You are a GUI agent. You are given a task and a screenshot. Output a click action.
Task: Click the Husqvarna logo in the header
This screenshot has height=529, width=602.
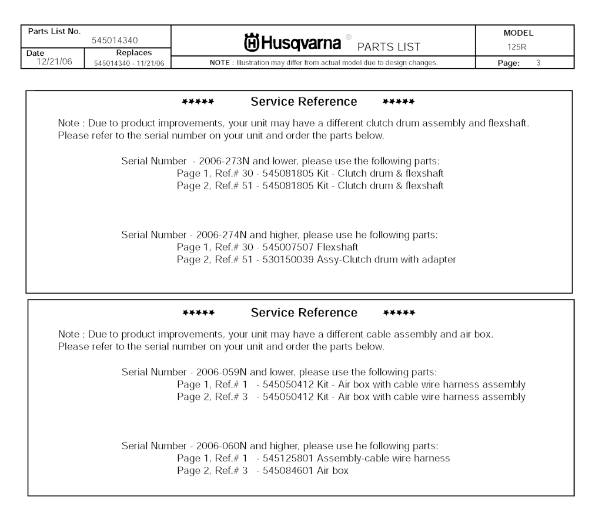pyautogui.click(x=292, y=43)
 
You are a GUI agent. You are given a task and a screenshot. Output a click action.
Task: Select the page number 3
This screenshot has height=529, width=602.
pyautogui.click(x=538, y=63)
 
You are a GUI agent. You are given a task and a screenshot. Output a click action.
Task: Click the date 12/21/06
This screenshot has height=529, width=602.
pyautogui.click(x=54, y=62)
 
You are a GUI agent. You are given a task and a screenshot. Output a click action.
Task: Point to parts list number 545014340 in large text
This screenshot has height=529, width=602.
pyautogui.click(x=115, y=41)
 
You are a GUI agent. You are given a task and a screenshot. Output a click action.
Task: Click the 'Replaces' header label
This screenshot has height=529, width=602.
pyautogui.click(x=134, y=53)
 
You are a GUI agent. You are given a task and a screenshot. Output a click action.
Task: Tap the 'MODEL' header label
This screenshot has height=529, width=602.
pyautogui.click(x=519, y=33)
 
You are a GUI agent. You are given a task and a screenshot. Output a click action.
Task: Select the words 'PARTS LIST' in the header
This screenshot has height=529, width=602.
pyautogui.click(x=389, y=47)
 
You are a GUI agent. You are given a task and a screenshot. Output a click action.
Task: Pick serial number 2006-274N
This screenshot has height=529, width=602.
pyautogui.click(x=221, y=235)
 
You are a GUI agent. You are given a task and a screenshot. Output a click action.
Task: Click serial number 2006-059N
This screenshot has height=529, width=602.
pyautogui.click(x=221, y=372)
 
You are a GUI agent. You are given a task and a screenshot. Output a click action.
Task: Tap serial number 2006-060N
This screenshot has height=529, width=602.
pyautogui.click(x=221, y=446)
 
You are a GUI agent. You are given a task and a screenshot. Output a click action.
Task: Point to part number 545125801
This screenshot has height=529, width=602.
pyautogui.click(x=288, y=458)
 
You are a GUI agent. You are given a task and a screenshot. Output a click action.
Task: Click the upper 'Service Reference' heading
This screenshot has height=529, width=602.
pyautogui.click(x=304, y=102)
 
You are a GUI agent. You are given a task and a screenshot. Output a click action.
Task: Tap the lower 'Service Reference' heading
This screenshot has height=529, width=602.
pyautogui.click(x=304, y=312)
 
